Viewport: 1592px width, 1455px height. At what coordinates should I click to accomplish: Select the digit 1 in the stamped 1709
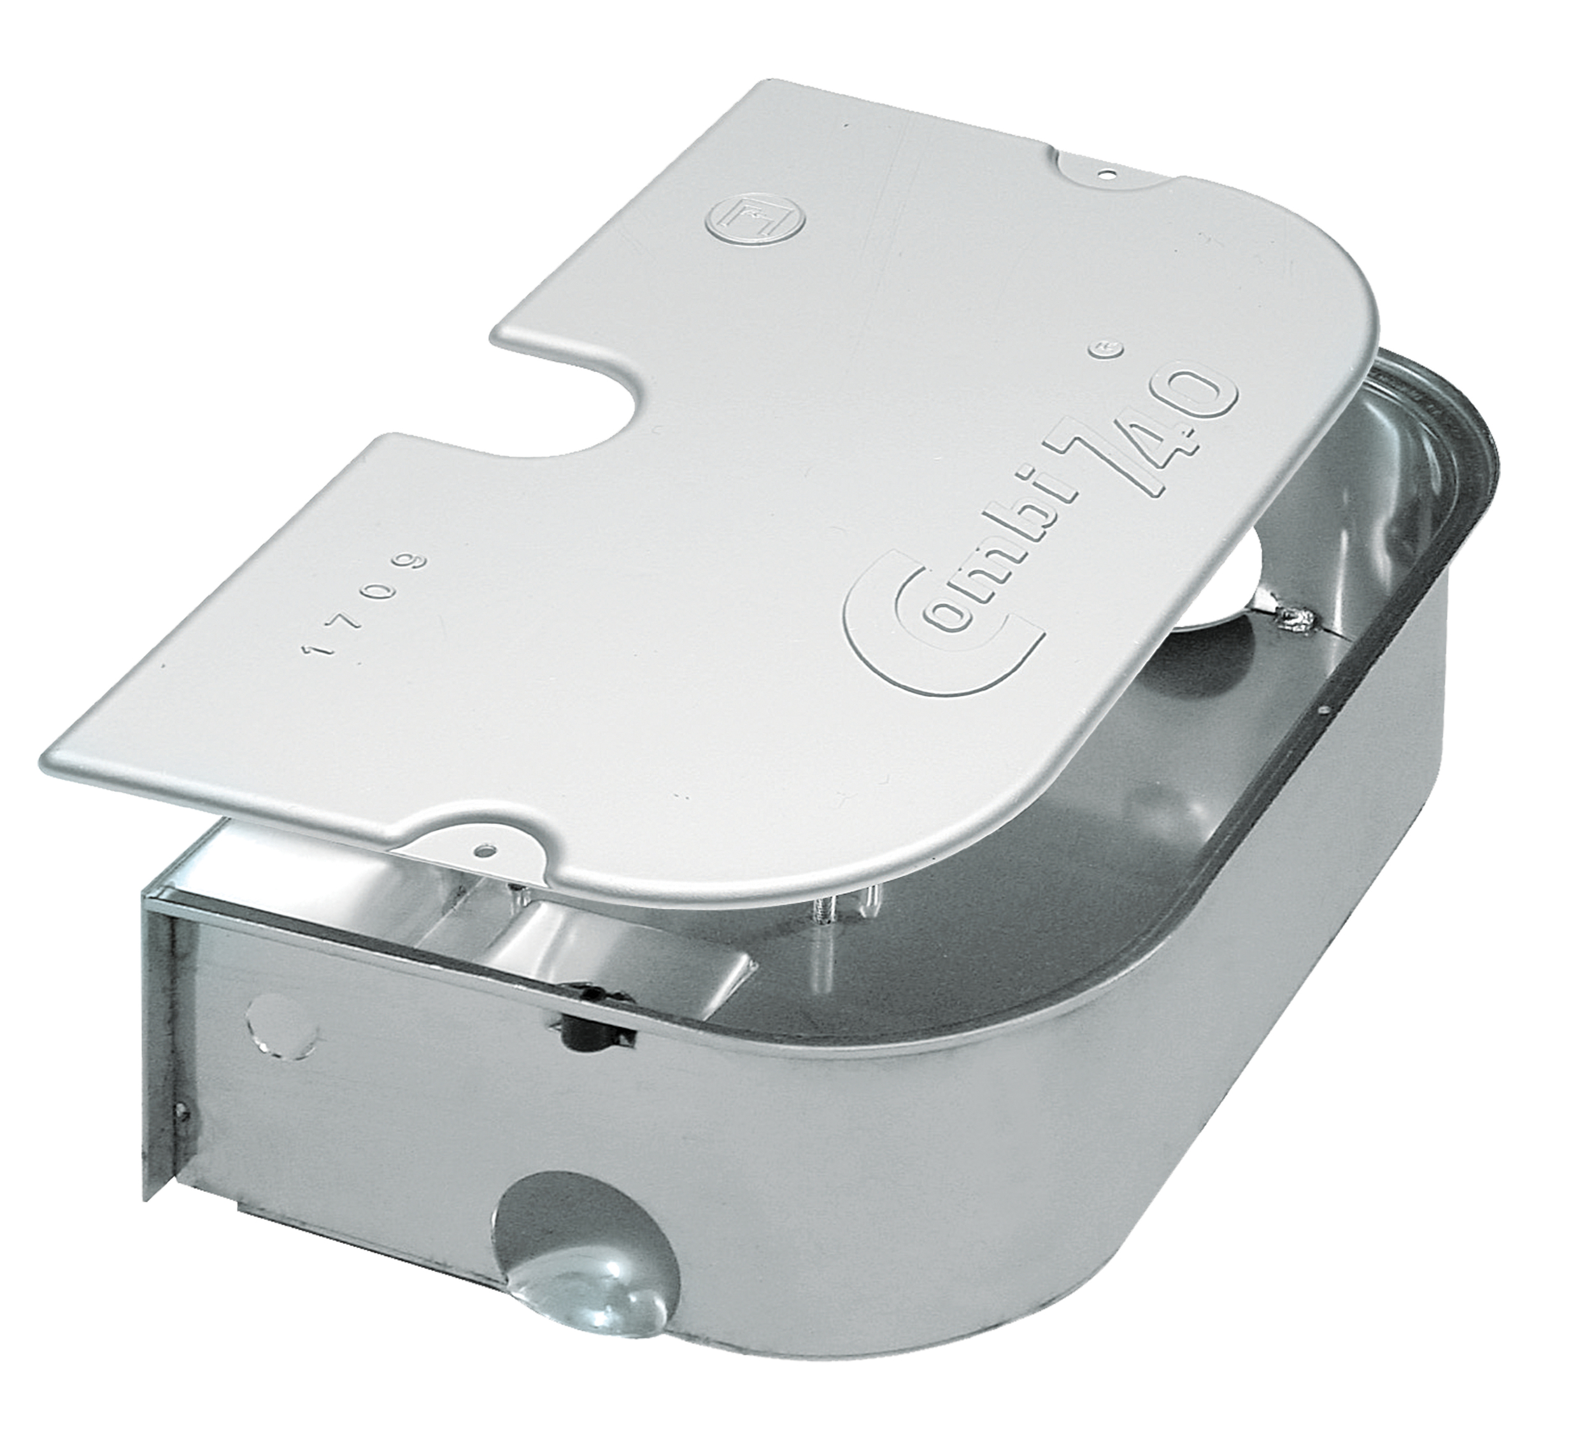318,650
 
